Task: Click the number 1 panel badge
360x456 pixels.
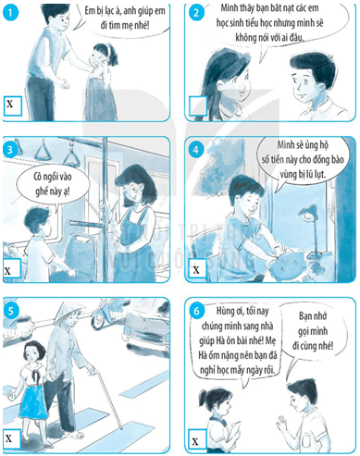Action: click(x=11, y=12)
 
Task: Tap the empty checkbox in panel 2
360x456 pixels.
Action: click(x=198, y=105)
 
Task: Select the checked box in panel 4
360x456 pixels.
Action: click(x=196, y=270)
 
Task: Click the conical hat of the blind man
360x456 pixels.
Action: click(x=69, y=307)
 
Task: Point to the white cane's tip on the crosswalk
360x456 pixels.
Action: click(x=121, y=428)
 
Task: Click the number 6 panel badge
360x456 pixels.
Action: click(x=196, y=311)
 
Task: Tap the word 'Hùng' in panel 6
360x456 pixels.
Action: click(x=225, y=311)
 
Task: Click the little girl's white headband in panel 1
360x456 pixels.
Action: click(x=108, y=47)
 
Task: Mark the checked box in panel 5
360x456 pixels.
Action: click(x=11, y=438)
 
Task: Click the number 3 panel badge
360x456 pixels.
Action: click(x=10, y=150)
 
